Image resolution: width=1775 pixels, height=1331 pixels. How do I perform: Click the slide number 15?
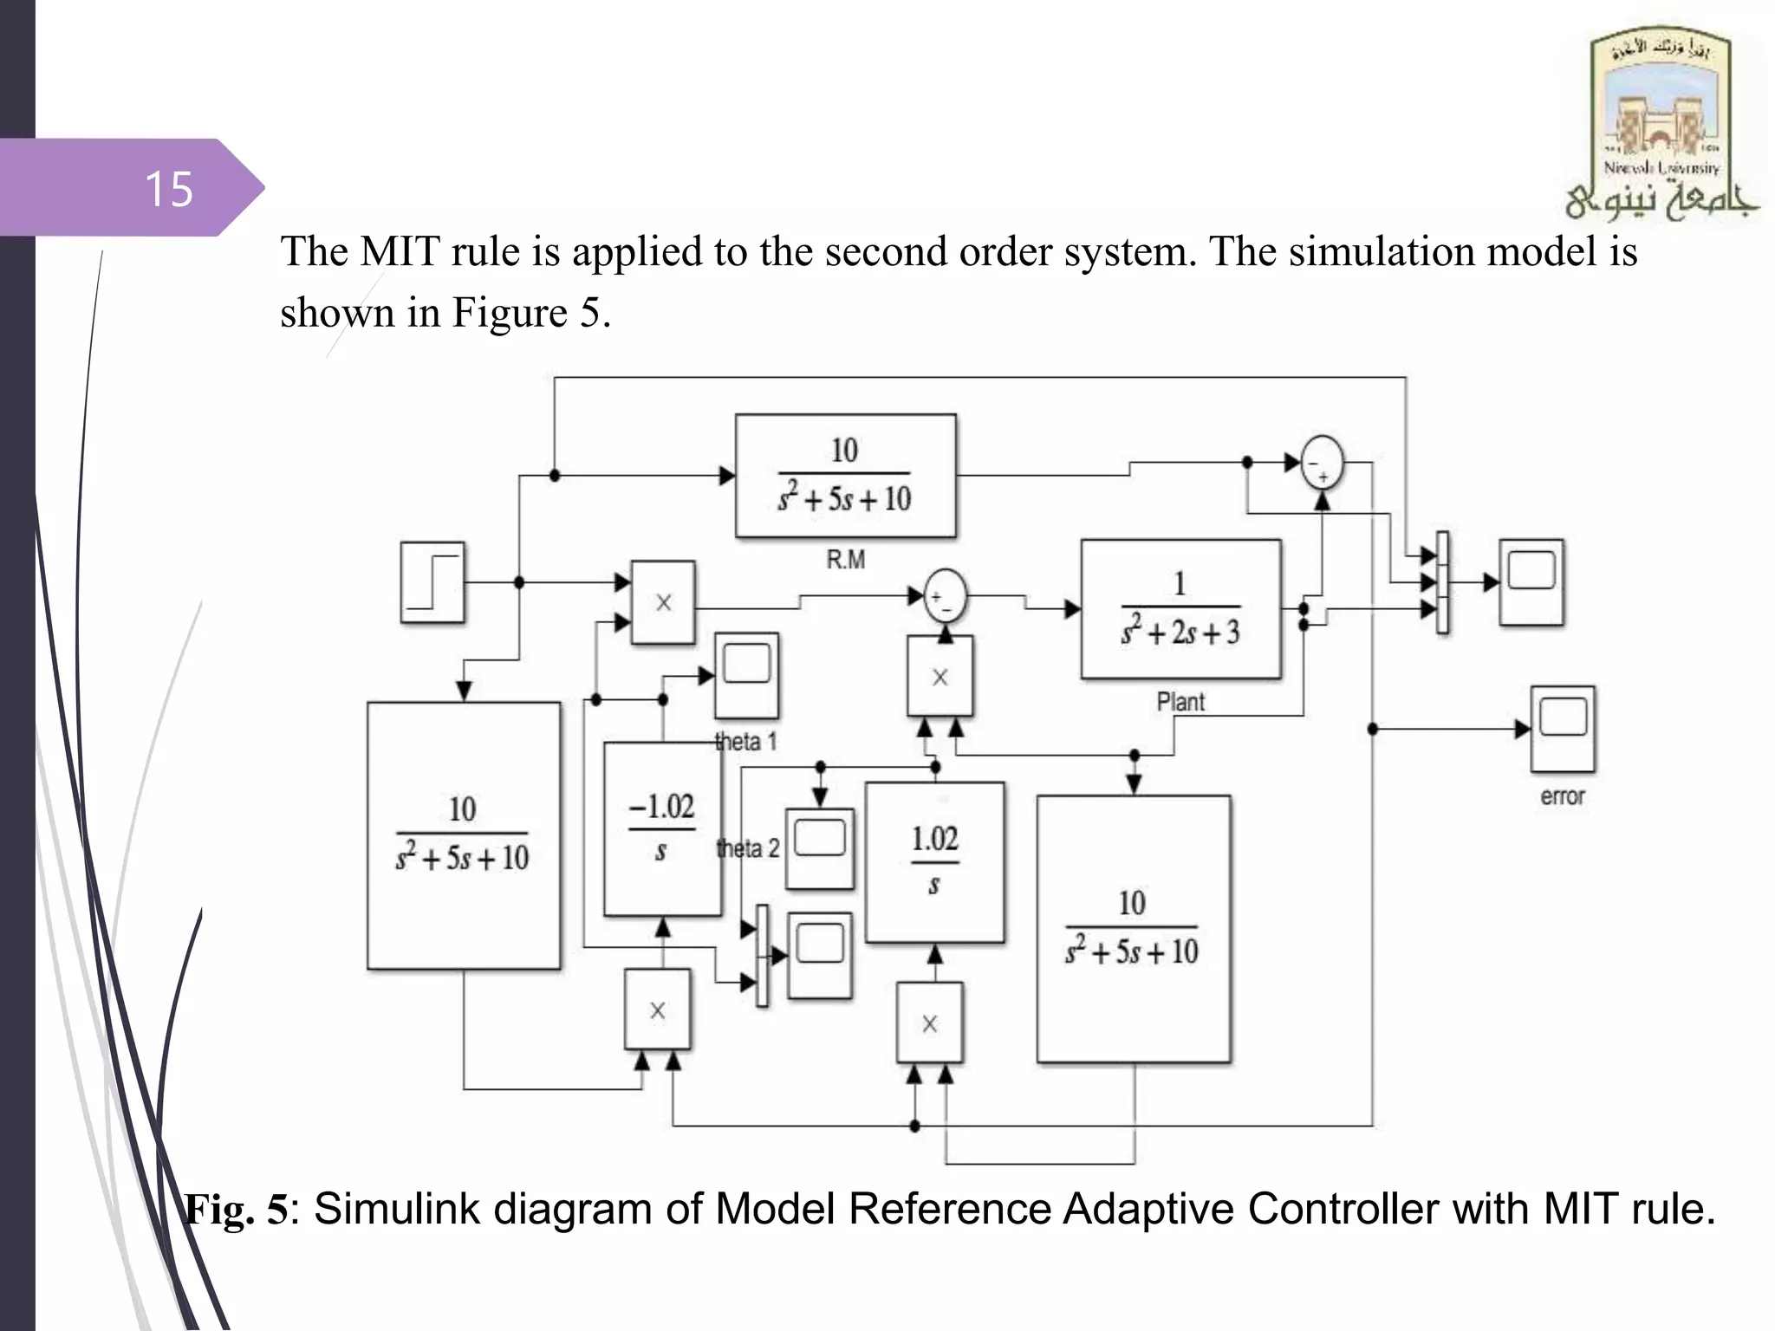[169, 189]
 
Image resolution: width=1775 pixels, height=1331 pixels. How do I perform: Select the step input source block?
[432, 582]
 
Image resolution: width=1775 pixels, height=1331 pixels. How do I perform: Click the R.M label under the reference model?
[845, 560]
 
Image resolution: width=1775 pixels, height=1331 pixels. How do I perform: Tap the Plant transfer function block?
[1180, 608]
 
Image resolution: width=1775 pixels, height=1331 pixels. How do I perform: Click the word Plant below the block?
[1180, 702]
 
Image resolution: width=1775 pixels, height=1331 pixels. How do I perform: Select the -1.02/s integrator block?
[662, 828]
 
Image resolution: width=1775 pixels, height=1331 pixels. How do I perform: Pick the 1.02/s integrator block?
[934, 861]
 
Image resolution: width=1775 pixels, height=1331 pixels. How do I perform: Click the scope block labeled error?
[1562, 729]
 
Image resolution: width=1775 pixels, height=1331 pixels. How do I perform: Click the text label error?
[1562, 796]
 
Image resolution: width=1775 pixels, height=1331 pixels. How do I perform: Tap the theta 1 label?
[745, 742]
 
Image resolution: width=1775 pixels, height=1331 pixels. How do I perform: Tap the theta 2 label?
[748, 848]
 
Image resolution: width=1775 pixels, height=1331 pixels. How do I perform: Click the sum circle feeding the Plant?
[945, 596]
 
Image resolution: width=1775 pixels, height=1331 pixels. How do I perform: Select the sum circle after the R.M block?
[1322, 463]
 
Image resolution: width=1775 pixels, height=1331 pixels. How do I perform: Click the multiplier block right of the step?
[663, 602]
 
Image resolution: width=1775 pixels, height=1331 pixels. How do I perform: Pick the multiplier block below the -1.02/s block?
[658, 1010]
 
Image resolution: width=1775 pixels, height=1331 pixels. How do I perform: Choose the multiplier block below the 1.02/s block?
[929, 1023]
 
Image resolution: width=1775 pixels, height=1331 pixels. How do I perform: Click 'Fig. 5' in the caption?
[236, 1209]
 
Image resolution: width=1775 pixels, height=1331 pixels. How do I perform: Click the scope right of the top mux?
[1531, 581]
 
